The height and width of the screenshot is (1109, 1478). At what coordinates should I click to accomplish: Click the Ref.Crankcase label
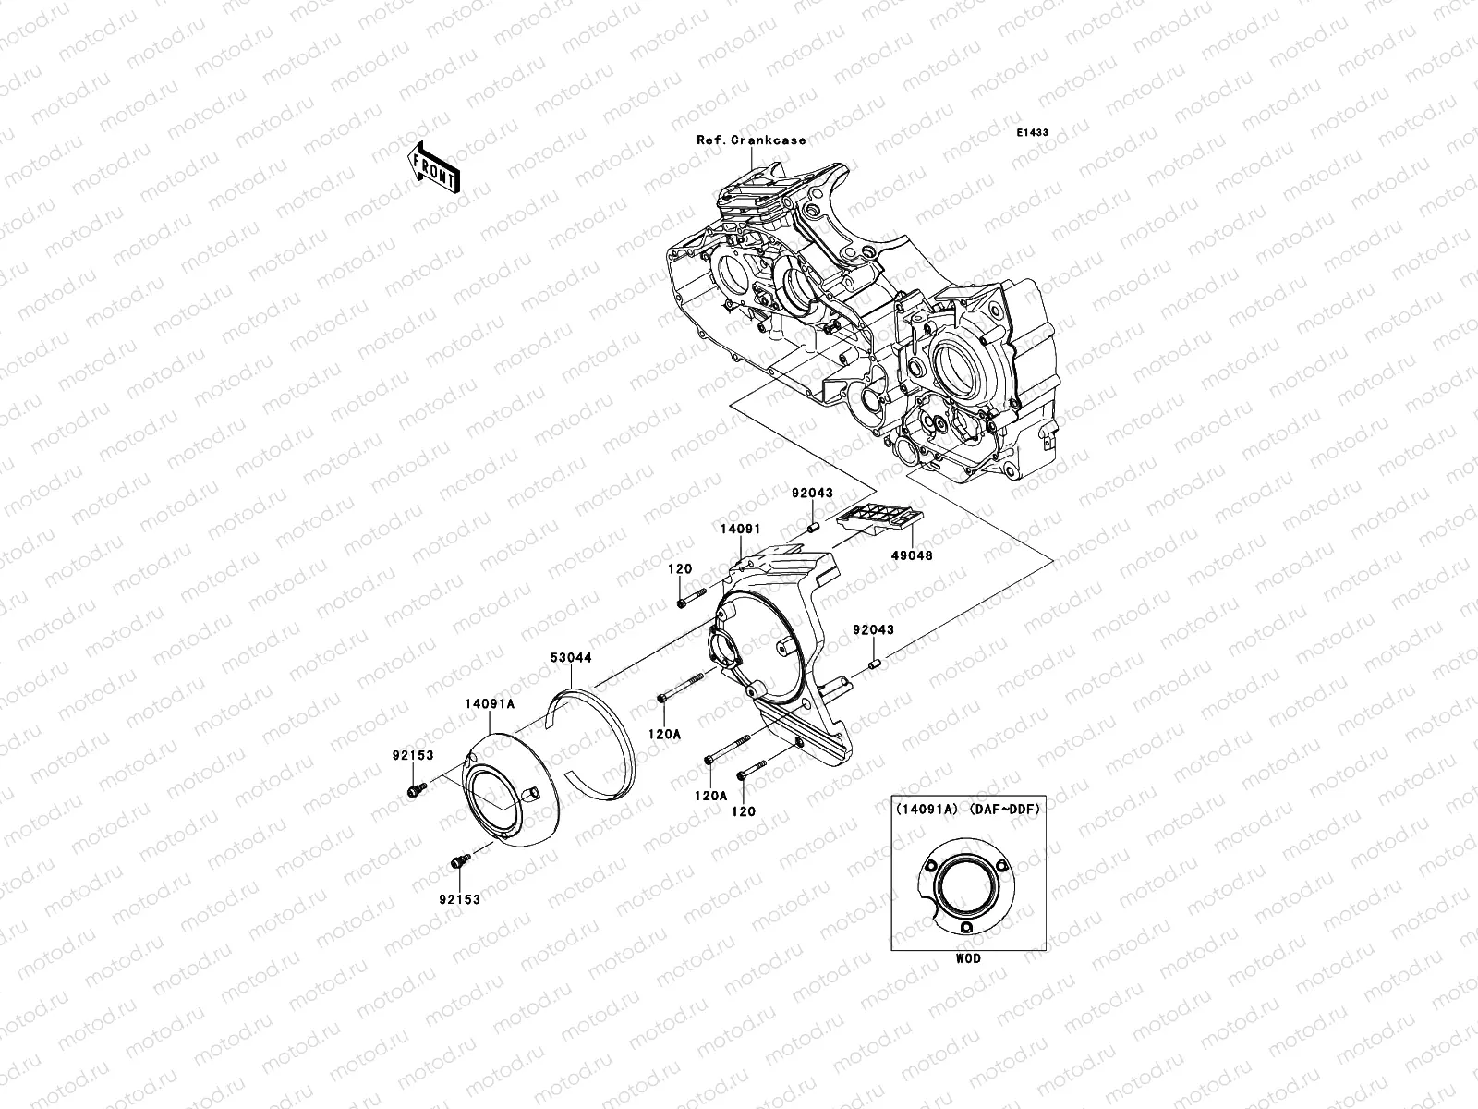pos(751,140)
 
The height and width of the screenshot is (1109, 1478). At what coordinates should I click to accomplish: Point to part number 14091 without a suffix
pos(741,530)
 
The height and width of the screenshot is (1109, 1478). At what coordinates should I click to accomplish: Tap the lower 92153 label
pos(461,897)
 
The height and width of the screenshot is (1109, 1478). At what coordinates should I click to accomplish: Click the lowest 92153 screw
pos(456,861)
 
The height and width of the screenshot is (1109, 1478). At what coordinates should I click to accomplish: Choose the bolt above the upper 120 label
pos(688,602)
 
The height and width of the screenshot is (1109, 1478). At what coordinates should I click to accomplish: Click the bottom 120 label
pos(744,811)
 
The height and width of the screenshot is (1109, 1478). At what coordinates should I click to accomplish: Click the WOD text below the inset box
pos(968,958)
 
